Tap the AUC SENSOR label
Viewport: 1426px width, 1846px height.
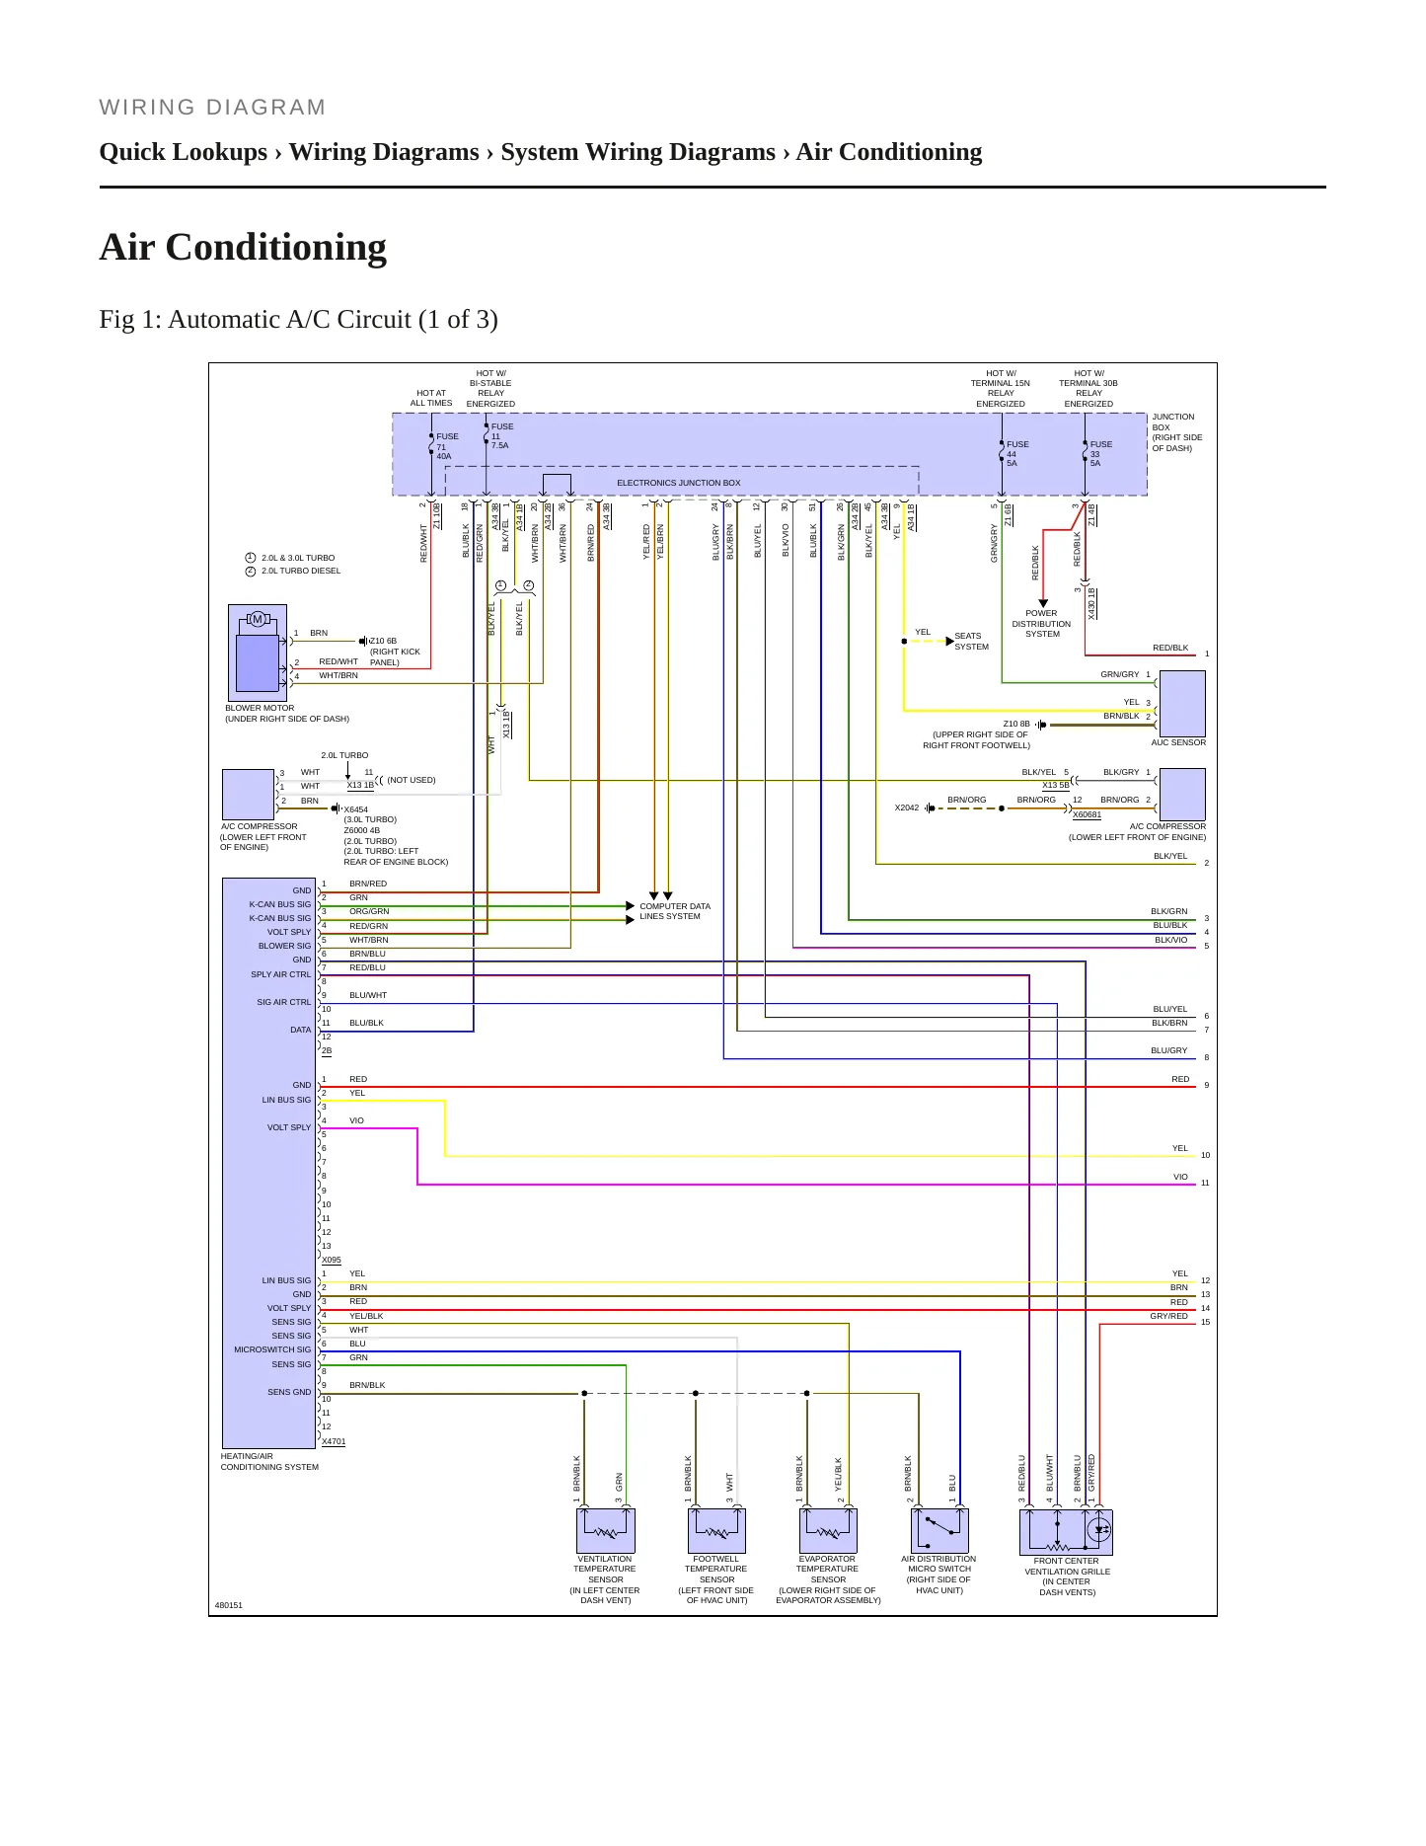[x=1178, y=742]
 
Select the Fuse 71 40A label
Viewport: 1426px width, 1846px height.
[x=447, y=446]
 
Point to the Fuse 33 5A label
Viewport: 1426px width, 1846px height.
[x=1100, y=454]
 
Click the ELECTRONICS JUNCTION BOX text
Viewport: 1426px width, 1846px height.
[x=678, y=483]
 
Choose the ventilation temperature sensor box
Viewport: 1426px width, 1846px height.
[x=606, y=1531]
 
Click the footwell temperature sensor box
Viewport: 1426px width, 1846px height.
[x=716, y=1531]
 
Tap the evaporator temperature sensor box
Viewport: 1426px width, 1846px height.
[x=828, y=1531]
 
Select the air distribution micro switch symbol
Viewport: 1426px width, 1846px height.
[x=939, y=1531]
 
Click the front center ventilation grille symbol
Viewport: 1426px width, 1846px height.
[x=1066, y=1532]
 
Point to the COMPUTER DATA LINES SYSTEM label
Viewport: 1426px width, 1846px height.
[x=674, y=911]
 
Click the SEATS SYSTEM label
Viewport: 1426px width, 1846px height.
[x=971, y=642]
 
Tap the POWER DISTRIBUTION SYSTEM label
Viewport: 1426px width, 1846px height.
[x=1041, y=624]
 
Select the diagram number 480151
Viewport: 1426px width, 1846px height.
[x=229, y=1605]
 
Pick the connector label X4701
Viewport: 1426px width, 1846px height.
[x=334, y=1441]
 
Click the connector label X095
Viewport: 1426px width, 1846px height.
[x=332, y=1260]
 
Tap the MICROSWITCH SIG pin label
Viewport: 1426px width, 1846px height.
[x=272, y=1349]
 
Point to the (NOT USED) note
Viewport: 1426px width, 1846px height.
[x=412, y=780]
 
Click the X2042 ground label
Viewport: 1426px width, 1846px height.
[x=907, y=808]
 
